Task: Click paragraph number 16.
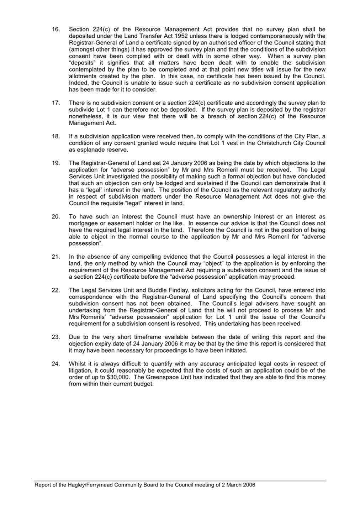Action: pyautogui.click(x=55, y=29)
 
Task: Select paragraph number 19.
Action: pyautogui.click(x=55, y=163)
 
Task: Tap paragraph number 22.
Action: pyautogui.click(x=55, y=290)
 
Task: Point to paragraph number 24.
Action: pyautogui.click(x=55, y=364)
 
